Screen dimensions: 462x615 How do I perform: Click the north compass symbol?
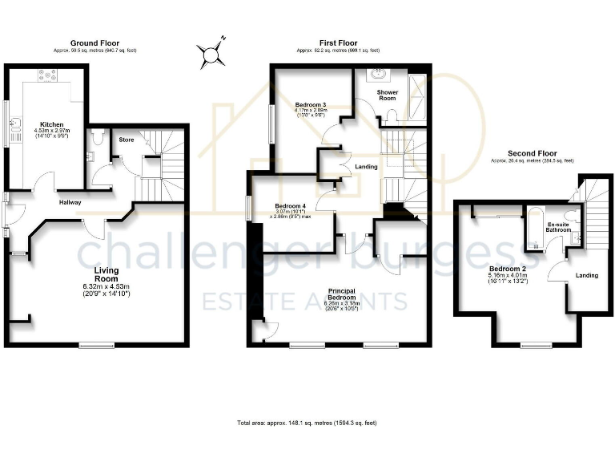pos(211,54)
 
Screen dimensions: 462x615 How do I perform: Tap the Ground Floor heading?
pos(94,43)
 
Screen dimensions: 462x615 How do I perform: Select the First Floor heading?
pos(338,43)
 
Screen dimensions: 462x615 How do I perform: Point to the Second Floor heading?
pos(533,153)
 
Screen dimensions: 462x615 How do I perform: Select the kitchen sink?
pos(16,125)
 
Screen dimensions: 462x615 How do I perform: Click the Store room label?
pos(127,140)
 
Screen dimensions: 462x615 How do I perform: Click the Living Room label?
pos(106,276)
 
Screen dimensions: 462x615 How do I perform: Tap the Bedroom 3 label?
pos(310,105)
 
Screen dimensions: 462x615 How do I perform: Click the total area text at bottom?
pos(307,422)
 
